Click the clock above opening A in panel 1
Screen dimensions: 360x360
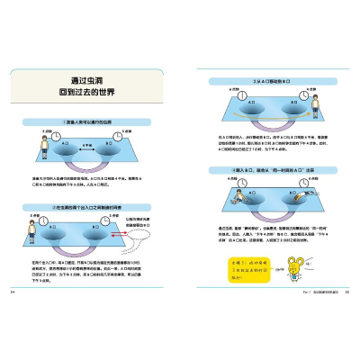pos(56,136)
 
